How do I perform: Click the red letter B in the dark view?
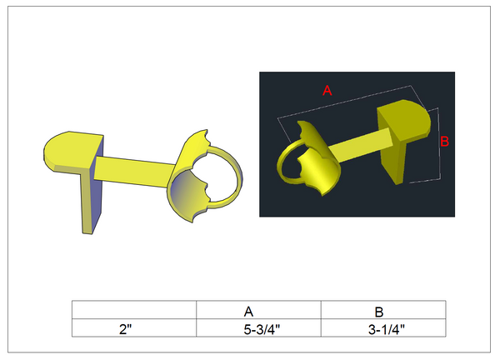[x=444, y=142]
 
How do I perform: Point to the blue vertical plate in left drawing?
[x=91, y=200]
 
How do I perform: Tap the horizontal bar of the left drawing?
[x=137, y=170]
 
